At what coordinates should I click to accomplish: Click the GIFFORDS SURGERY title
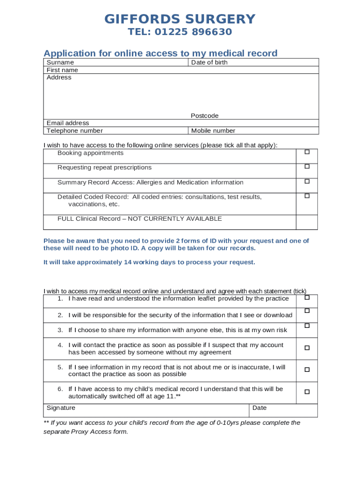[180, 19]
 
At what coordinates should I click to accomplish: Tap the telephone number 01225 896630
[193, 32]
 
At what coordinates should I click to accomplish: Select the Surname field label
[60, 62]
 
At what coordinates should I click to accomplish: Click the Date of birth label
[209, 62]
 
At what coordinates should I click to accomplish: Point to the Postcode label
[204, 116]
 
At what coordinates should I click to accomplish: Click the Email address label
[68, 123]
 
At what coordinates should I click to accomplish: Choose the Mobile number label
[213, 131]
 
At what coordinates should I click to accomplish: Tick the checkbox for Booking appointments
[307, 152]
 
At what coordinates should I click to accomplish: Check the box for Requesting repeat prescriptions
[307, 167]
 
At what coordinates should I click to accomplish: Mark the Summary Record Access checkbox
[307, 181]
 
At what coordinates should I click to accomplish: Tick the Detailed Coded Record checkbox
[307, 196]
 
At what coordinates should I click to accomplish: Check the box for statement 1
[307, 298]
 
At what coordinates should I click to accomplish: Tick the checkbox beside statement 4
[307, 348]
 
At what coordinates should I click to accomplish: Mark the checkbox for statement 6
[307, 392]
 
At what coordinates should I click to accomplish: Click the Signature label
[61, 408]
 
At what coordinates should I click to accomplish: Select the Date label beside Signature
[259, 408]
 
